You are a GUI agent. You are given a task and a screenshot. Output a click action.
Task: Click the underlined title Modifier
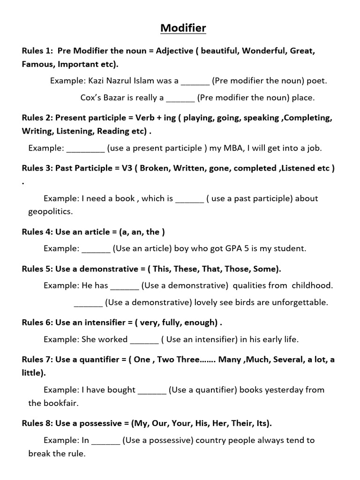click(183, 29)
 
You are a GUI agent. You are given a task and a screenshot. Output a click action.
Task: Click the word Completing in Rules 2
click(308, 118)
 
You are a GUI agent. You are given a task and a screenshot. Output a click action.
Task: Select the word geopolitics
click(51, 211)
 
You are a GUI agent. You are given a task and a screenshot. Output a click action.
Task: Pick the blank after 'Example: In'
click(106, 441)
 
